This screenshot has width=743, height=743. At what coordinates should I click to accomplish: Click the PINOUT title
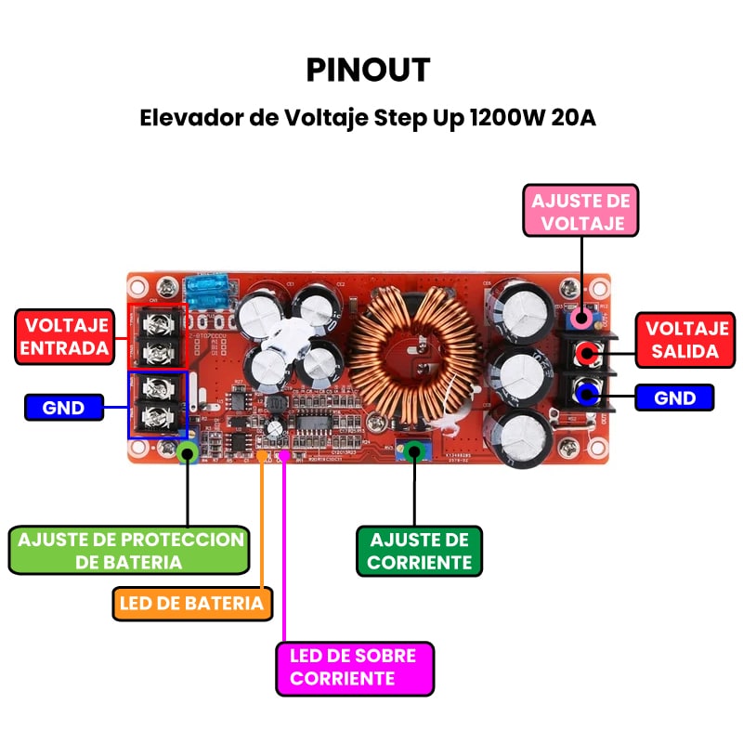coord(369,71)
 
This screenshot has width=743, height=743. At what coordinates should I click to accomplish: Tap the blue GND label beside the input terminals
coord(63,407)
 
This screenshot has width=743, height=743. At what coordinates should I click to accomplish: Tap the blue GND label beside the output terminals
coord(675,398)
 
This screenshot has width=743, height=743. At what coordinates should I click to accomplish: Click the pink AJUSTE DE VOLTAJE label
coord(580,212)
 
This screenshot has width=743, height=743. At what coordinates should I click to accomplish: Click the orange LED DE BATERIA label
coord(192,603)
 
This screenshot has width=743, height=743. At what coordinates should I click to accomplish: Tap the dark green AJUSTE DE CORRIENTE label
coord(421,551)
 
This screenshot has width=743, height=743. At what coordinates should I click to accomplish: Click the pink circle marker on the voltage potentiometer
coord(581,319)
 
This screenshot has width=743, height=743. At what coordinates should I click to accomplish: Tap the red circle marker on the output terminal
coord(586,354)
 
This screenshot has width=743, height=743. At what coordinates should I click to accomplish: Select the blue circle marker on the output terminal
coord(585,395)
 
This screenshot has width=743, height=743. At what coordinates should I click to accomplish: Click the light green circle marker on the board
coord(188,452)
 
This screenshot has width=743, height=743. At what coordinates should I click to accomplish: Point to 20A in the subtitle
coord(576,119)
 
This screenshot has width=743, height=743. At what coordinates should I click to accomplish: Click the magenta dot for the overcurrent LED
coord(283,455)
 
